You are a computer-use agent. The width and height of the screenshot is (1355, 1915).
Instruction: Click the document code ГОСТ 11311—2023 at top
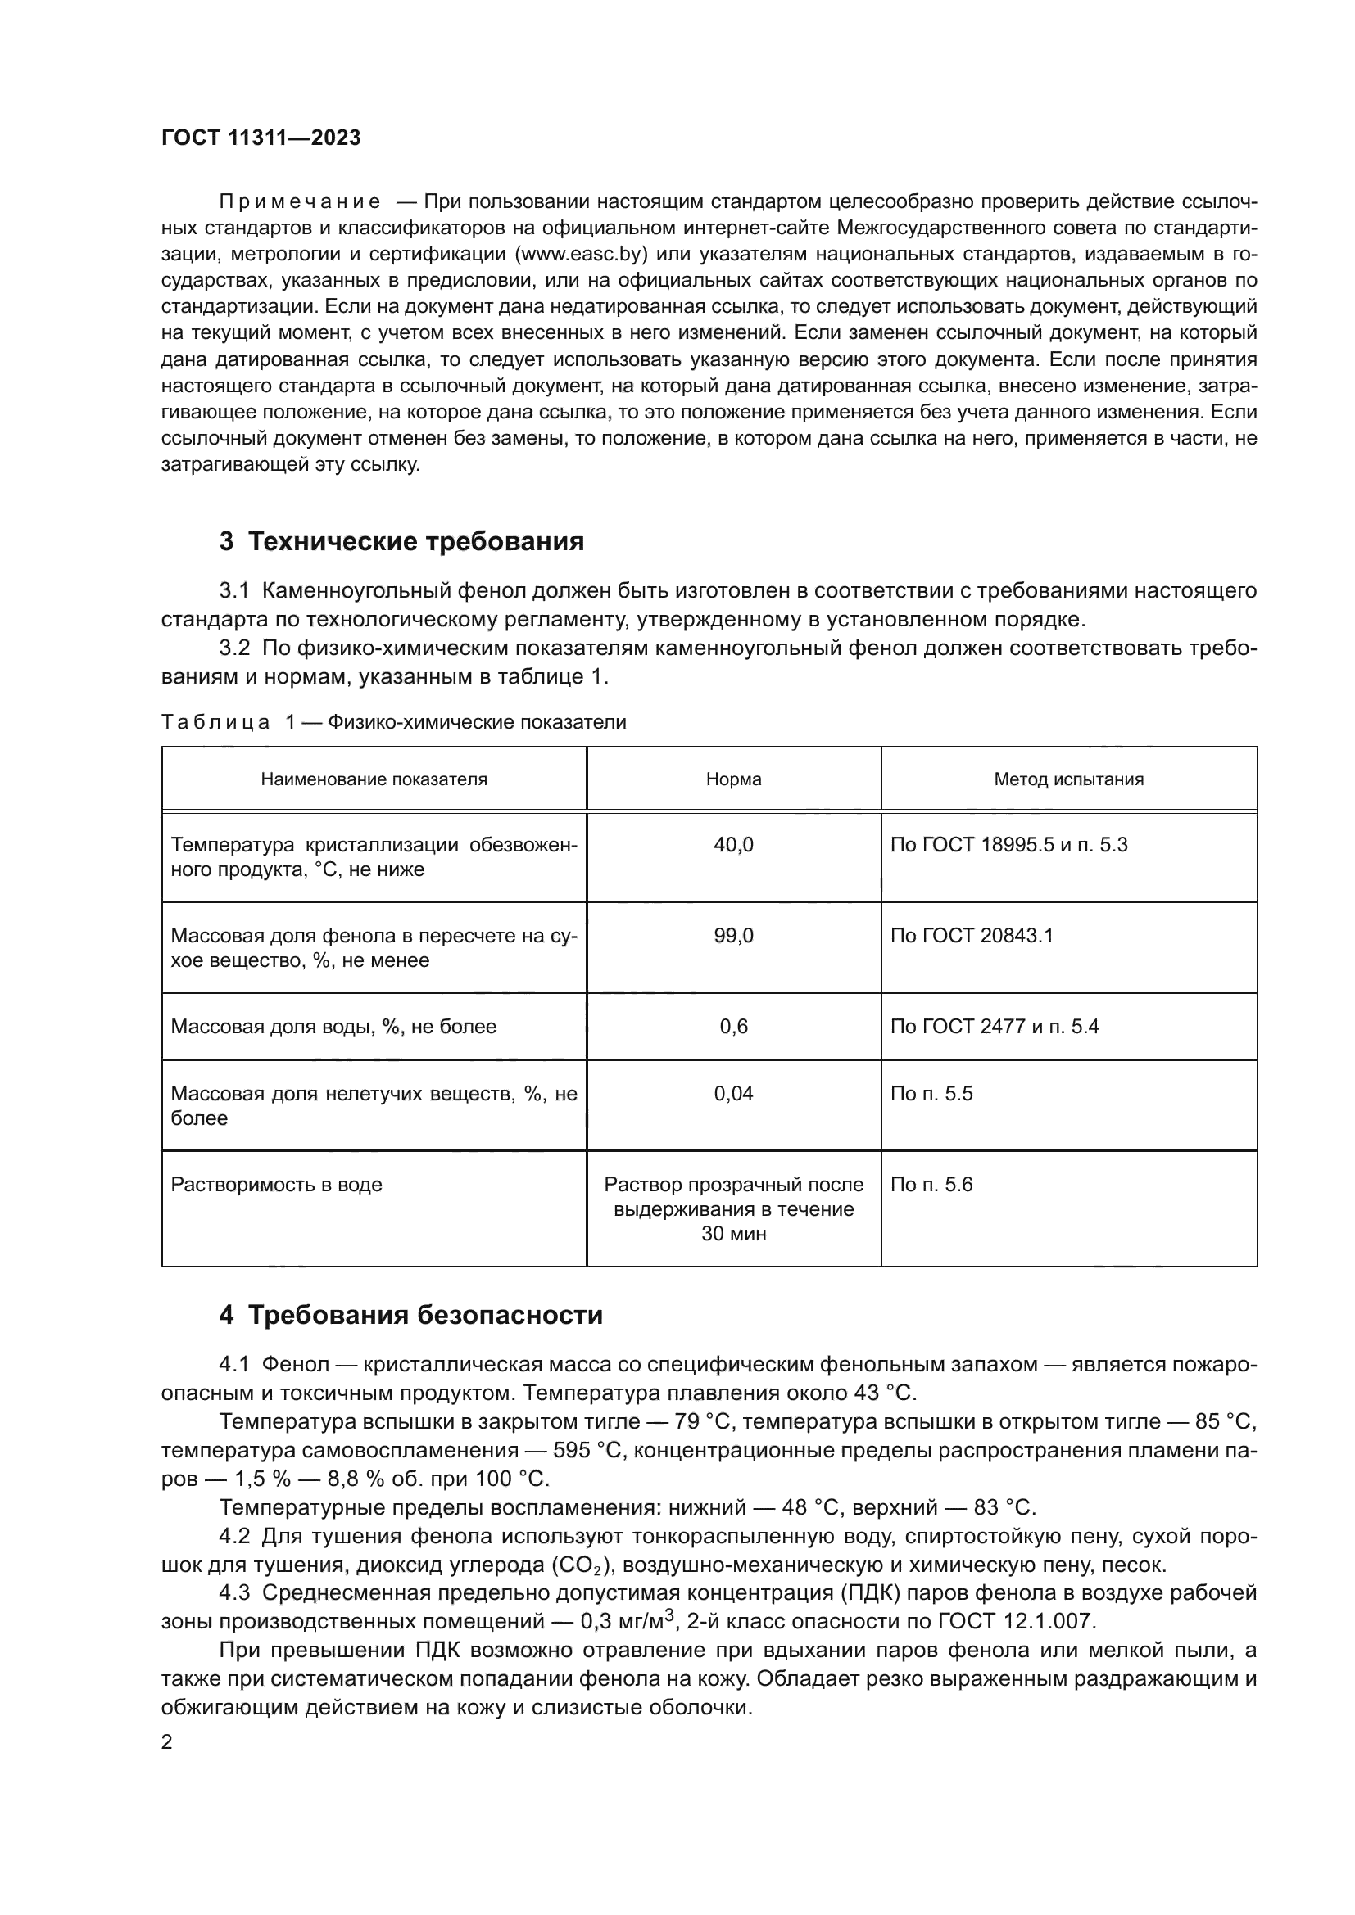261,138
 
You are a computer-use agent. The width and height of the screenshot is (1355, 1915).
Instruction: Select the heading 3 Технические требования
401,541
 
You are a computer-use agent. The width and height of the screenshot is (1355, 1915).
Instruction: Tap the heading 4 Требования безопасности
410,1316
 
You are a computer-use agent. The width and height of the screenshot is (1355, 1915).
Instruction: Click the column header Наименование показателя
374,779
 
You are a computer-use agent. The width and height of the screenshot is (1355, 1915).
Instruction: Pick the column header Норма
733,779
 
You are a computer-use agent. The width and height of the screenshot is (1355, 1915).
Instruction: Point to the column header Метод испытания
1068,779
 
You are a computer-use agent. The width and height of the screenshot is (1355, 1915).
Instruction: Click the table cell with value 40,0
733,845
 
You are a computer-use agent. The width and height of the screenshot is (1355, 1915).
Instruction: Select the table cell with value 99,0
733,936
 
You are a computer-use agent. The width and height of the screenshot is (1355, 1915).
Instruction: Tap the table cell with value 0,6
733,1027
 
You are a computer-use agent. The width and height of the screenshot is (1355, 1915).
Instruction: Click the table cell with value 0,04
733,1094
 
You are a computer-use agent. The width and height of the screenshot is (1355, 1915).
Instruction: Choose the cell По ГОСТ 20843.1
972,936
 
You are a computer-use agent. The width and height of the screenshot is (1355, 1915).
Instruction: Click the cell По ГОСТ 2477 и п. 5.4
994,1027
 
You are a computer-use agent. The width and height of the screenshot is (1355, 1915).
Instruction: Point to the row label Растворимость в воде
276,1185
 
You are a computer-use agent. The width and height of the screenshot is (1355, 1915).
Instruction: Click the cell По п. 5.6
931,1185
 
